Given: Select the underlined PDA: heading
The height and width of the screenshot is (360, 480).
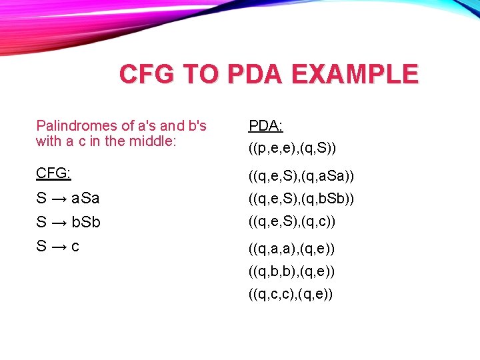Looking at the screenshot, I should coord(265,125).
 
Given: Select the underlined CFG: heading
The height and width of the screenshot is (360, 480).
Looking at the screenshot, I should coord(53,173).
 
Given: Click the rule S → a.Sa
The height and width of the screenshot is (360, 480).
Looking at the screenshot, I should coord(68,198).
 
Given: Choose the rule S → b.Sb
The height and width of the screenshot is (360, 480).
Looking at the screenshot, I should coord(68,222).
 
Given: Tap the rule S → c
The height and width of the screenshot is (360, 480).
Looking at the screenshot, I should coord(58,246).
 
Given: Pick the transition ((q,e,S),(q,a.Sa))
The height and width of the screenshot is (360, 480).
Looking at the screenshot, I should coord(301,176).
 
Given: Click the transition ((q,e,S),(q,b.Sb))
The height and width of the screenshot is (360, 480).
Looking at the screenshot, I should coord(301,199).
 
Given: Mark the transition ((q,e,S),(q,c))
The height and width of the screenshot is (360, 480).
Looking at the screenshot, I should coord(292,221).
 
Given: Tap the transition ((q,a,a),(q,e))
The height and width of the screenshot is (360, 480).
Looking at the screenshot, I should coord(291,249).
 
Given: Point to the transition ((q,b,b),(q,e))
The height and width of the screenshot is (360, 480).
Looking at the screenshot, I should coord(291,271).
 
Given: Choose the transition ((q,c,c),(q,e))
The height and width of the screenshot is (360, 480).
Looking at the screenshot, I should coord(291,294).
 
